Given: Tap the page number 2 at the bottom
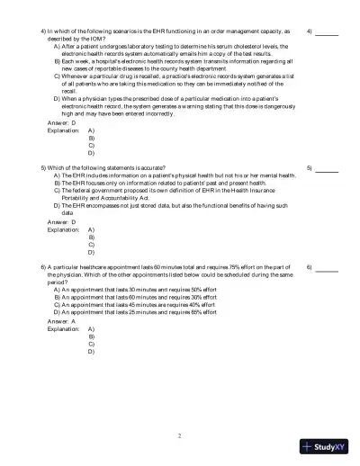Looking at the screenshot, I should point(180,435).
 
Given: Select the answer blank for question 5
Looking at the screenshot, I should point(327,170).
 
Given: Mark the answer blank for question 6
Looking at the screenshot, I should point(327,269).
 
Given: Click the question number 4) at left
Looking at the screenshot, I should point(44,31).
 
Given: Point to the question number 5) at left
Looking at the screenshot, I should point(44,168).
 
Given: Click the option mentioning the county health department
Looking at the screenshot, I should point(171,65).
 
